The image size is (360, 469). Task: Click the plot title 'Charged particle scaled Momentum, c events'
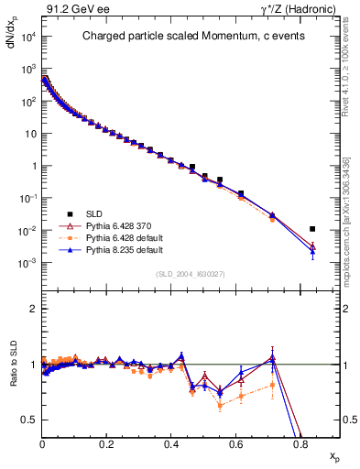tap(191, 37)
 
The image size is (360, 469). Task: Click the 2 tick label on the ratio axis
tap(33, 309)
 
